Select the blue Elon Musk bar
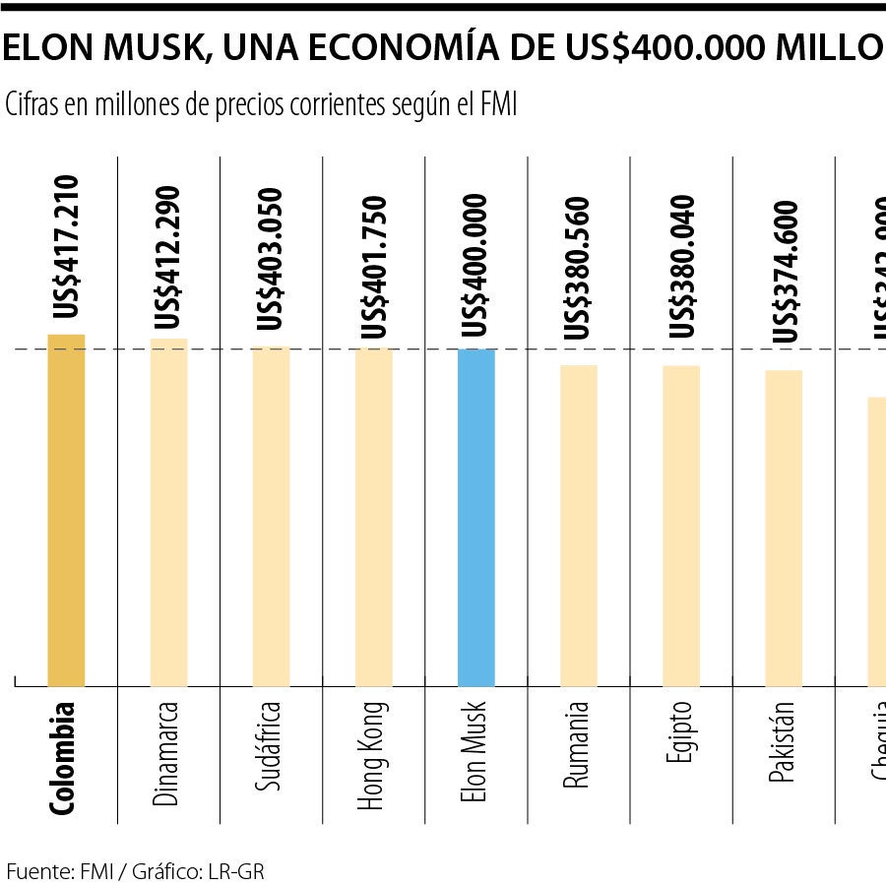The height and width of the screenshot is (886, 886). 476,518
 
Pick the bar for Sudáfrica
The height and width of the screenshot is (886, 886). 271,517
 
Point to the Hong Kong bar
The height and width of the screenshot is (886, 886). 373,518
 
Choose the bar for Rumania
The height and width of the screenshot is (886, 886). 579,526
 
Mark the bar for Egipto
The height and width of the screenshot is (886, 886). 681,526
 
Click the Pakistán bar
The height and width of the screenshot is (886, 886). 784,529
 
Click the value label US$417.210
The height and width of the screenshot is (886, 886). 67,247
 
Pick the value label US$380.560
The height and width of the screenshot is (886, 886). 579,268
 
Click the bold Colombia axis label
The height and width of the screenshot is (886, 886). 63,757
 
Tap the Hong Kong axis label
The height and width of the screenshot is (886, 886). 371,755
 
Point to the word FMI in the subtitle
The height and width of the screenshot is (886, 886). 497,104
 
